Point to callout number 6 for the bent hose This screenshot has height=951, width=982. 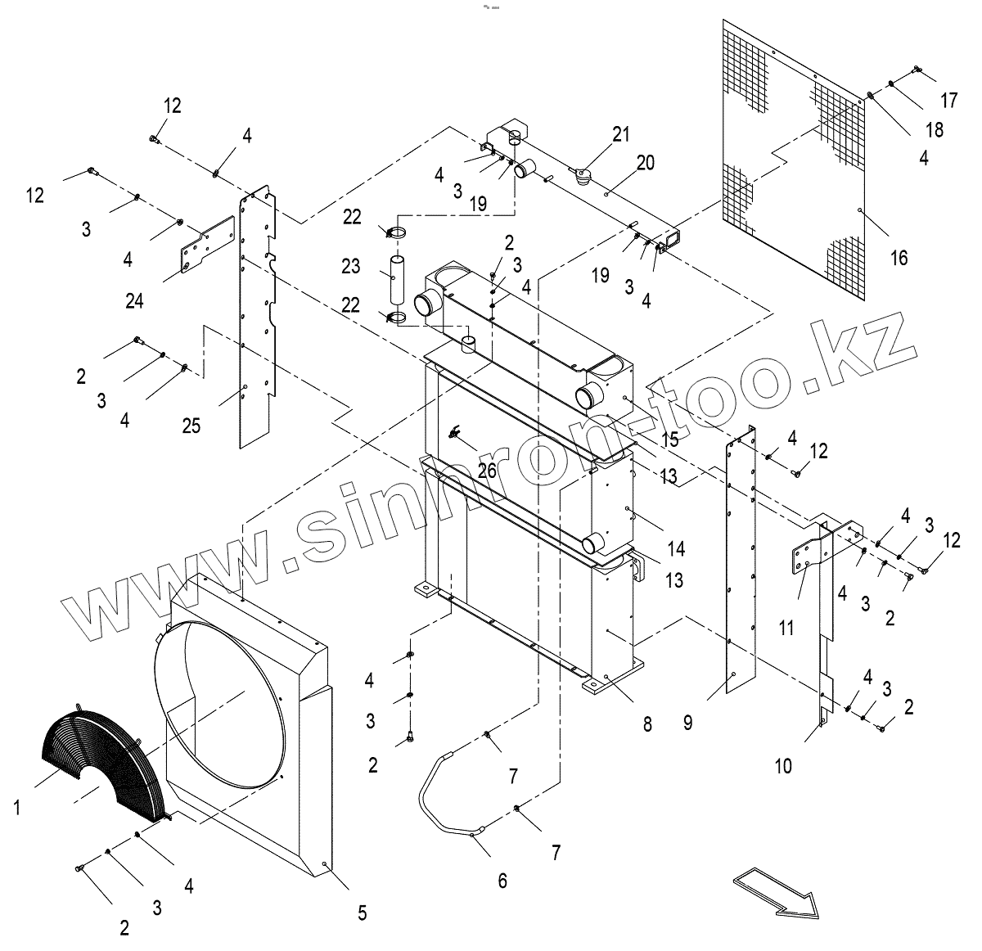[x=502, y=881]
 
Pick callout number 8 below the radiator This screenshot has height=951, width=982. [x=647, y=723]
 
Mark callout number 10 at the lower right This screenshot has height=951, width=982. [x=783, y=766]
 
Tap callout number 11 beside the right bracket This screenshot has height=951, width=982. [x=786, y=628]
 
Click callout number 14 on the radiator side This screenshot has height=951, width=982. [x=675, y=548]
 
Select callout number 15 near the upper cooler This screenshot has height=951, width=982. [x=669, y=439]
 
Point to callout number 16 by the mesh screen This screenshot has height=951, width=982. [x=899, y=258]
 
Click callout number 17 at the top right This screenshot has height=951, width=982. [x=948, y=101]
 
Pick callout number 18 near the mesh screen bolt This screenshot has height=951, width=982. [x=934, y=129]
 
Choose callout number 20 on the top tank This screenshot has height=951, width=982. [x=645, y=163]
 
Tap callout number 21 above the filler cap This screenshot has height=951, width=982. [x=622, y=134]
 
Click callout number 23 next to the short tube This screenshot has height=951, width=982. [x=351, y=266]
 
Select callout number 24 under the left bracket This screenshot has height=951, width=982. [x=134, y=300]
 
